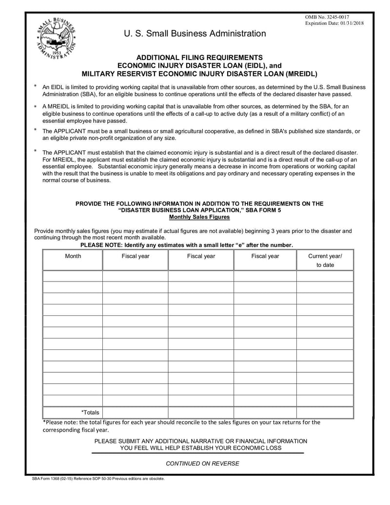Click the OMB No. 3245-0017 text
tap(327, 18)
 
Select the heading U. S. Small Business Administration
tap(195, 34)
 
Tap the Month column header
tap(73, 256)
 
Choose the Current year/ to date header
tap(325, 261)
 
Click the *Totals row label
tap(90, 412)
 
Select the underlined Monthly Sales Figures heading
tap(199, 217)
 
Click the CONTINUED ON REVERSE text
tap(202, 464)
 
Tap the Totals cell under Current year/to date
tap(325, 412)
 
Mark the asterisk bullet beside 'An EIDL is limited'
tap(35, 86)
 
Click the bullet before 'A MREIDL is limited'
tap(35, 106)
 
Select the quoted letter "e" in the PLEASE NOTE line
tap(240, 245)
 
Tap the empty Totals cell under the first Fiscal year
tap(135, 412)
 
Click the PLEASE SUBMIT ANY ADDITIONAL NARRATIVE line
tap(201, 441)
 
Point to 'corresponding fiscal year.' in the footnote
tap(76, 430)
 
